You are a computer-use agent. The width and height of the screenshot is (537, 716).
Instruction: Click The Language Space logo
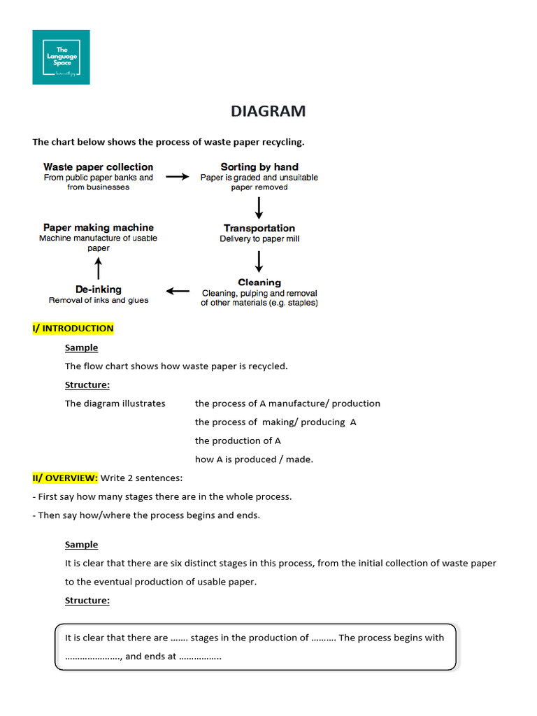pyautogui.click(x=61, y=57)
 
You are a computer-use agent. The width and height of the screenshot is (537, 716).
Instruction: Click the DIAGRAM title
pyautogui.click(x=268, y=111)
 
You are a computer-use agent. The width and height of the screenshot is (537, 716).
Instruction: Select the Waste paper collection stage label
pyautogui.click(x=98, y=167)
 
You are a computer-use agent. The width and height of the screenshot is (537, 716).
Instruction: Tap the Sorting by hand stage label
pyautogui.click(x=259, y=167)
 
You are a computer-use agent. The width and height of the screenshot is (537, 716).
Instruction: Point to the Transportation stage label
pyautogui.click(x=259, y=228)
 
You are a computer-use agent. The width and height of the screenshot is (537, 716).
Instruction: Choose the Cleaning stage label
pyautogui.click(x=259, y=282)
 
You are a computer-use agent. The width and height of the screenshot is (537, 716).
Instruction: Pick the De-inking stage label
pyautogui.click(x=99, y=289)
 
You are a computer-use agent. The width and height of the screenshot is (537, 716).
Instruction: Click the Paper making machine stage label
pyautogui.click(x=99, y=227)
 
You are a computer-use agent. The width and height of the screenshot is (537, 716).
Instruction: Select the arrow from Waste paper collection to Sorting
pyautogui.click(x=177, y=177)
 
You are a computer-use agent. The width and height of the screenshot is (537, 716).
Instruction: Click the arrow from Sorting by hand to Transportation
pyautogui.click(x=259, y=208)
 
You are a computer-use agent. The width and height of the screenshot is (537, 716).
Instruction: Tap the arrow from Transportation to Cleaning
pyautogui.click(x=259, y=261)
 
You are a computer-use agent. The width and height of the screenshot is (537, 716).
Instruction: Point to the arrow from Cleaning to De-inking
pyautogui.click(x=178, y=291)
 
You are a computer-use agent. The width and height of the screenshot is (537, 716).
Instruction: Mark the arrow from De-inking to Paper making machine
pyautogui.click(x=99, y=268)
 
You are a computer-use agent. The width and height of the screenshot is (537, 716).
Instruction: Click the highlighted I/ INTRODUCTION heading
pyautogui.click(x=73, y=329)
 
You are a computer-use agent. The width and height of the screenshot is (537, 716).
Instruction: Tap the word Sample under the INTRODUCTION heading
pyautogui.click(x=81, y=348)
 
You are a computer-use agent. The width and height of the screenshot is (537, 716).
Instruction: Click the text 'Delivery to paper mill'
pyautogui.click(x=259, y=239)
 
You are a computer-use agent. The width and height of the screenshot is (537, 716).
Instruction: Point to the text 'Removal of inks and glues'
pyautogui.click(x=99, y=301)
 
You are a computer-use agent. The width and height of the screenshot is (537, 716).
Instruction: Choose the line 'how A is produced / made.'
pyautogui.click(x=254, y=459)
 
